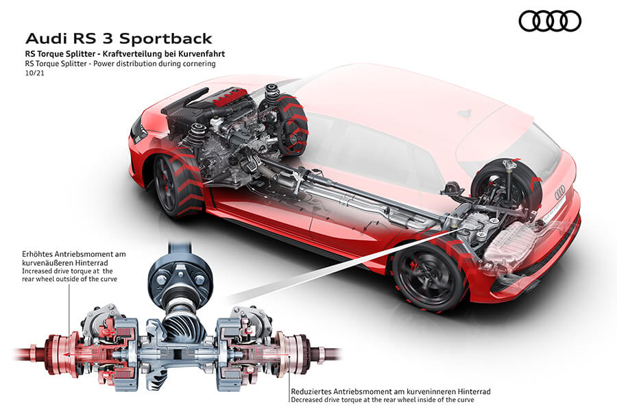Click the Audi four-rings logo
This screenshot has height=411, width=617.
(550, 21)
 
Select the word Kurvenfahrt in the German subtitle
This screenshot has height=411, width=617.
(203, 53)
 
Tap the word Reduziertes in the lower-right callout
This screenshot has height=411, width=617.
(316, 391)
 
